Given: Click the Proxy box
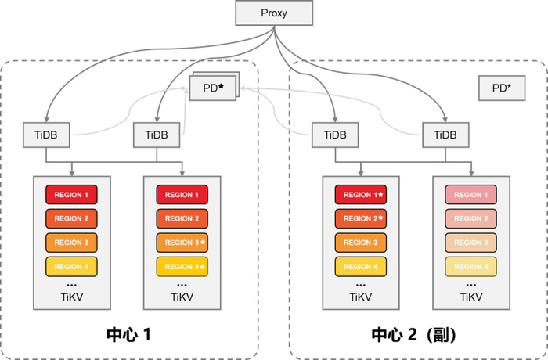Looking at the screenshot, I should click(274, 14).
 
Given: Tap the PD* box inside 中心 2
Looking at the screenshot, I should click(502, 88).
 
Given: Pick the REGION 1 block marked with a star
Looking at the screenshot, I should click(361, 195).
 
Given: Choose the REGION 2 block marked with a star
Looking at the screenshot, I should click(361, 218).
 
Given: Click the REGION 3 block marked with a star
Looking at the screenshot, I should click(182, 243).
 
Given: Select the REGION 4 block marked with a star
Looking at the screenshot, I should click(182, 267).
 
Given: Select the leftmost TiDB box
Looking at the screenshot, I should click(46, 135).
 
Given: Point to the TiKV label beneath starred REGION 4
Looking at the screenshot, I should click(182, 297).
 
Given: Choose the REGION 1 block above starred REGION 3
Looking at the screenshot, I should click(182, 195).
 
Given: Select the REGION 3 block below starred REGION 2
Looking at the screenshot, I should click(361, 243).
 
